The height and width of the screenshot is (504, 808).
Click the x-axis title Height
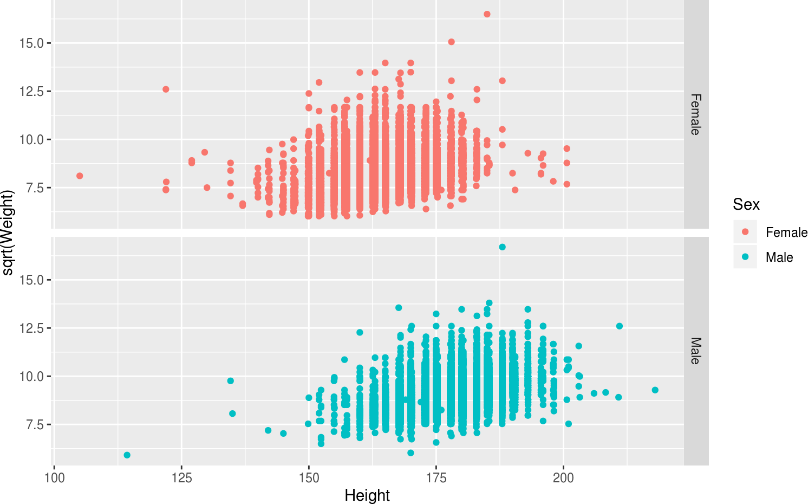point(367,495)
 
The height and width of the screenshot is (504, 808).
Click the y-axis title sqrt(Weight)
point(7,232)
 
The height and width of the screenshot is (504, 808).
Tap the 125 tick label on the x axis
point(181,478)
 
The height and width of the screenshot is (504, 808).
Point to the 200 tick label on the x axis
point(563,478)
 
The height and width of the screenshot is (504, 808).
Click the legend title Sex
point(746,204)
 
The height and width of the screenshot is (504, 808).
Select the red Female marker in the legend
point(745,232)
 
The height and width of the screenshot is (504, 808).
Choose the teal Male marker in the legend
point(745,257)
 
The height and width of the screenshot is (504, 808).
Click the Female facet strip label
point(695,114)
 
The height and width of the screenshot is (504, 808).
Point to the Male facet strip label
point(695,351)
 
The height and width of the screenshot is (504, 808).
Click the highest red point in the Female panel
point(487,14)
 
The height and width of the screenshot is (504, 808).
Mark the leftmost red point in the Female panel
point(80,176)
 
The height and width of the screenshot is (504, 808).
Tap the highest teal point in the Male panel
point(502,247)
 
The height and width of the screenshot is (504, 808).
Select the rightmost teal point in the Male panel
point(655,390)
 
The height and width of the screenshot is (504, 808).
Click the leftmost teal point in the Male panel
point(127,455)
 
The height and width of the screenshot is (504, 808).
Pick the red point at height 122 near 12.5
point(166,89)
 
